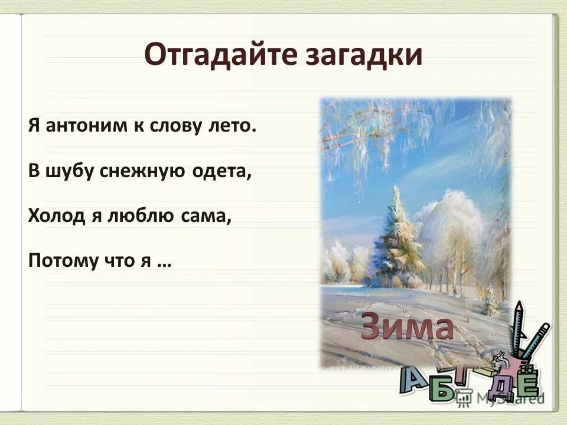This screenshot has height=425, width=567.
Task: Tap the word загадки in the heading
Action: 364,55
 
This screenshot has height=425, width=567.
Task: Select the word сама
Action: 207,216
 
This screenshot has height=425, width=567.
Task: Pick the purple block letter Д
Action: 502,388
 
